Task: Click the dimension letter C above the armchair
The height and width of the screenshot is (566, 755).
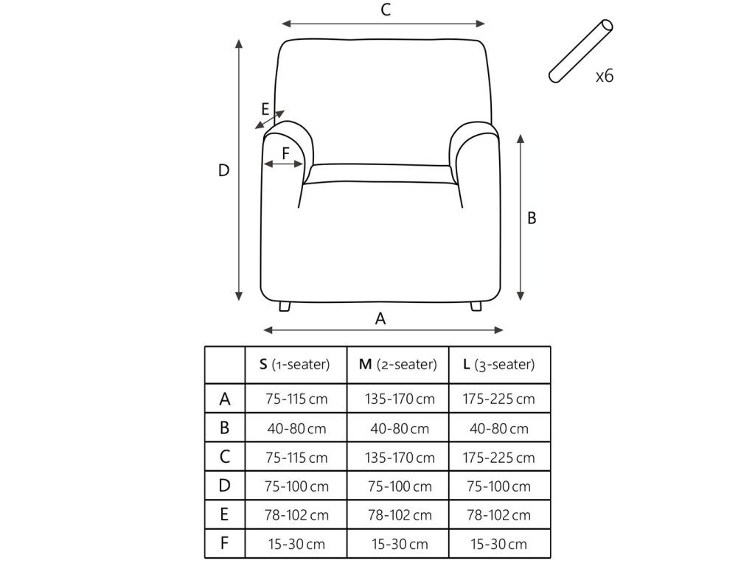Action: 384,10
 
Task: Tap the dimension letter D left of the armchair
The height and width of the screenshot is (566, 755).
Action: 224,170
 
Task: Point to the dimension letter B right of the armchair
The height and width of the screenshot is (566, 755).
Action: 532,218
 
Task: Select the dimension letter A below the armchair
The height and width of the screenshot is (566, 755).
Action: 380,318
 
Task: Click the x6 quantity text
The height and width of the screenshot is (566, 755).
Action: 604,76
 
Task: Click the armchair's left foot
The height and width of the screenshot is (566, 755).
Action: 285,305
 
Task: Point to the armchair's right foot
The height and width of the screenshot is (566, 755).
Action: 476,305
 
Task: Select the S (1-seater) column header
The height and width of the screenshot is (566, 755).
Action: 295,365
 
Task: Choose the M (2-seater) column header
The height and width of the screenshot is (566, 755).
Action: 397,365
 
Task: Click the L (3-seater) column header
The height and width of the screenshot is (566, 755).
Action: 499,365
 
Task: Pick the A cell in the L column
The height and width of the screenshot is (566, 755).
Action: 499,399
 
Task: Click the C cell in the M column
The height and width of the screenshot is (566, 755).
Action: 398,458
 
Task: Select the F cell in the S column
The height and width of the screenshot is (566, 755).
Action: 296,545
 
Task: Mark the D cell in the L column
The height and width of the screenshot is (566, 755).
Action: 499,486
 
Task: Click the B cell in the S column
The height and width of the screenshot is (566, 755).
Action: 296,428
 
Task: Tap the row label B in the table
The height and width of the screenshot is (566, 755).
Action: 225,427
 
